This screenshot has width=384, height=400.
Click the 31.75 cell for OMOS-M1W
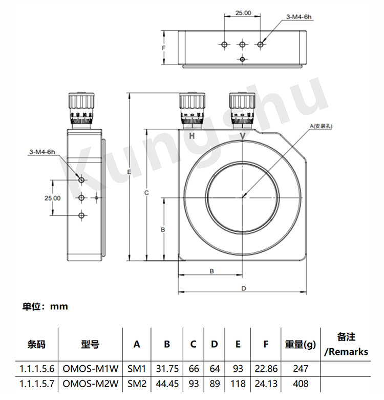[167, 369]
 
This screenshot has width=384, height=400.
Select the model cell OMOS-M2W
[91, 384]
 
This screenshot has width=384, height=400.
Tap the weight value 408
[301, 384]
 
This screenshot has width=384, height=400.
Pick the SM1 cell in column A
[137, 369]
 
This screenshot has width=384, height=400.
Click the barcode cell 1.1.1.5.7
[37, 384]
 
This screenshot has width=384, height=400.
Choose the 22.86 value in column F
[266, 369]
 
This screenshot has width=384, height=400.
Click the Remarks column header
[346, 345]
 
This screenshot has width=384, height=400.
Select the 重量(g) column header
[301, 345]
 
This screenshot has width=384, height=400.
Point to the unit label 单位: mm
[45, 306]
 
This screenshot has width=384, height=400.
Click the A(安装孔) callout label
[321, 126]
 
